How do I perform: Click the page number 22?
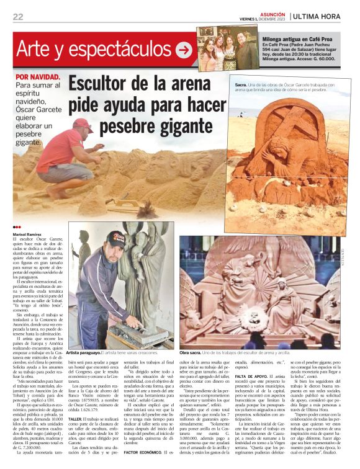[x=17, y=16]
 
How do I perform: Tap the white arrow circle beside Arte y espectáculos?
[x=184, y=50]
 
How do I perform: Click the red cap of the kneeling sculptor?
[x=82, y=122]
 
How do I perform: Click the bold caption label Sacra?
[x=241, y=84]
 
